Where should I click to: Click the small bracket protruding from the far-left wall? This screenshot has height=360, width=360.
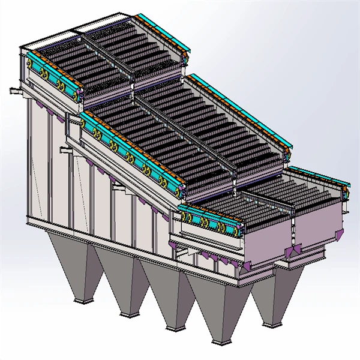[13, 91]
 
